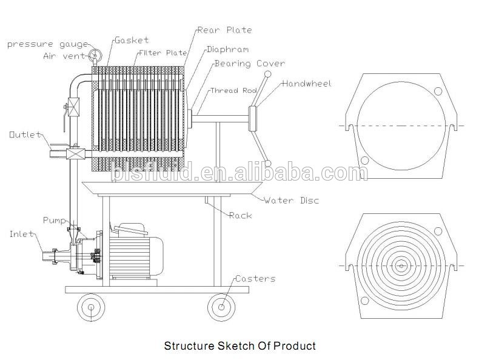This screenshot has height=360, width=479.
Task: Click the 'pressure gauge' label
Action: click(48, 45)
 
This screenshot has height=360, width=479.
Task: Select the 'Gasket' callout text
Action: click(132, 40)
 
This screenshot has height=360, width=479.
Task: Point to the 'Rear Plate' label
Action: click(224, 30)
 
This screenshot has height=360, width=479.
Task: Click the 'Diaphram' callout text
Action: click(227, 50)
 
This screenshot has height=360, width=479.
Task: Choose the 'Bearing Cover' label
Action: click(250, 64)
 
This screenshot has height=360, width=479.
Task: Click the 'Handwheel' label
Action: click(307, 84)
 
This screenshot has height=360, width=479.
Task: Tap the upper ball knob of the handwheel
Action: click(267, 74)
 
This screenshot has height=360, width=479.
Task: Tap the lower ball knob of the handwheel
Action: click(267, 164)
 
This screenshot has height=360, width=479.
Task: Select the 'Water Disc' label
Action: click(292, 201)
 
